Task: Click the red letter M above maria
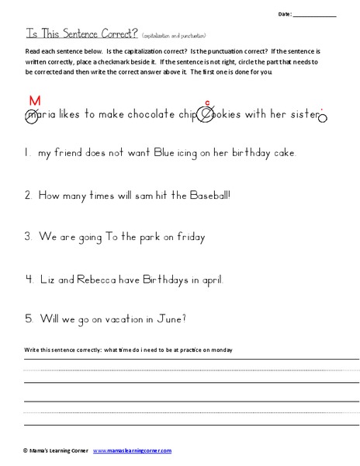34,100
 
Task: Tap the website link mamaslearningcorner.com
132,450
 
